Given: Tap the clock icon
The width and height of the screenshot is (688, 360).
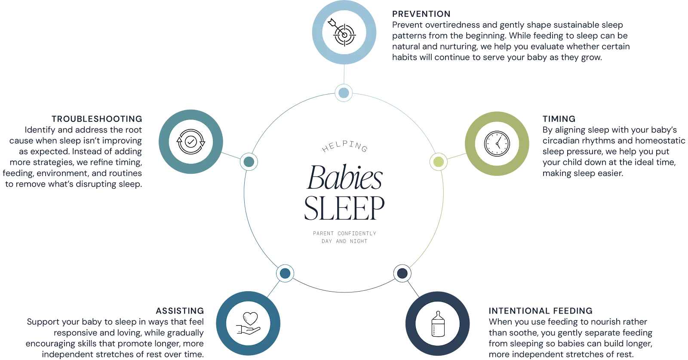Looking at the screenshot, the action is point(497,143).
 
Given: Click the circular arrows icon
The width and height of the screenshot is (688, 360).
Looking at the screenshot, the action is point(190,141).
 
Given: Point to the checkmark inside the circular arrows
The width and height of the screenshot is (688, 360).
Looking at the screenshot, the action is point(190,141).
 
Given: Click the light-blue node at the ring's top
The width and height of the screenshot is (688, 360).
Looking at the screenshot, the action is point(344,92).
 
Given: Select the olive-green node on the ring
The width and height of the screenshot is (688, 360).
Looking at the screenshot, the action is point(438,161).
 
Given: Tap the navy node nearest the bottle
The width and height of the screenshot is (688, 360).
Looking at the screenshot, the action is point(402,273).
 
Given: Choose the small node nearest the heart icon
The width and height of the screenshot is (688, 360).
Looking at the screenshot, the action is point(284,273).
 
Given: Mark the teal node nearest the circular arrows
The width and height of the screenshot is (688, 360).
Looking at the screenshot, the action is point(248,162).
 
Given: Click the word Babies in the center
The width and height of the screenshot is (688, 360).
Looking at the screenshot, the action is point(344,176).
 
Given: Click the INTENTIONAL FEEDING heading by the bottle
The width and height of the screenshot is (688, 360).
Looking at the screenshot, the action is point(542,311).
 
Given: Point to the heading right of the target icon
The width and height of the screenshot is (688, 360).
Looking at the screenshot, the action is point(421,14).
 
